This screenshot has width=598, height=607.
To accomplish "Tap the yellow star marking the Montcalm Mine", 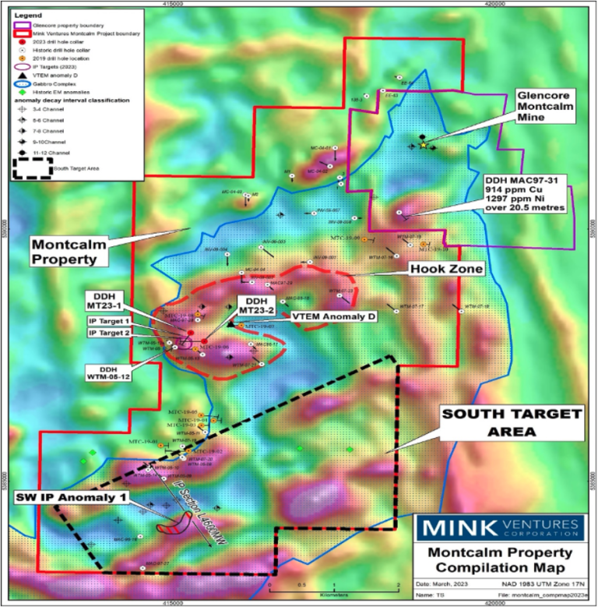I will [423, 145].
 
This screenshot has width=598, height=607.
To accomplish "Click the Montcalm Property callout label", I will [71, 250].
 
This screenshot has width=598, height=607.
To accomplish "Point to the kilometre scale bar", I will [333, 583].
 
